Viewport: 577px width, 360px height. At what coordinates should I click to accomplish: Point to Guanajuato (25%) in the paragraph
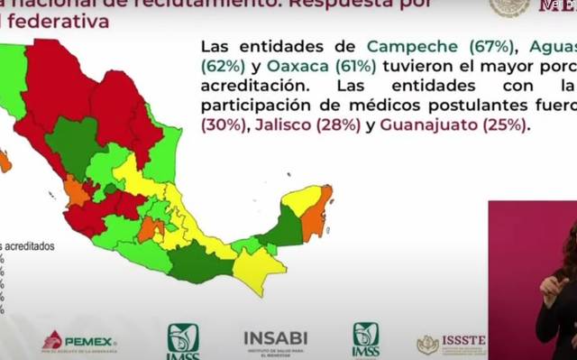tap(458, 125)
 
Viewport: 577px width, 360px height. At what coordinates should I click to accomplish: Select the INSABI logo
tap(275, 340)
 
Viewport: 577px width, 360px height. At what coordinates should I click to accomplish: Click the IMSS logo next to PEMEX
tap(183, 340)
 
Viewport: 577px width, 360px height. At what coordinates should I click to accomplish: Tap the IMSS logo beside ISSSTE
tap(365, 338)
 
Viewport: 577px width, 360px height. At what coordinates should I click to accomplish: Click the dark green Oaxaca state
tap(201, 261)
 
